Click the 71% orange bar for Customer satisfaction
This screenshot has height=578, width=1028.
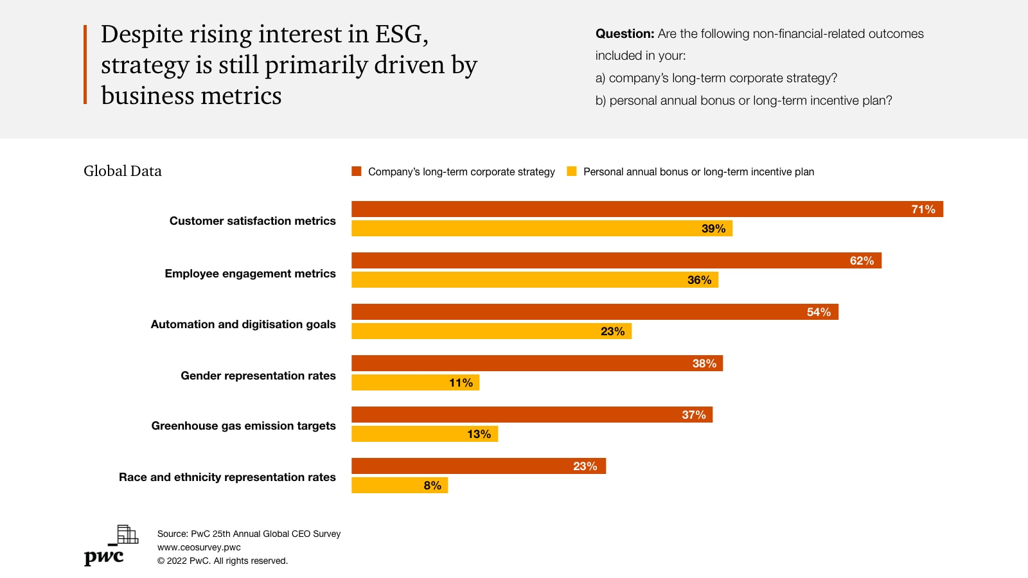647,209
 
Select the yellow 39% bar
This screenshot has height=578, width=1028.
542,229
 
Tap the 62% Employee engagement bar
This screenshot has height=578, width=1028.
616,261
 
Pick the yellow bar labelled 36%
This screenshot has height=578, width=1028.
535,280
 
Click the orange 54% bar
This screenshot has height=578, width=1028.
595,312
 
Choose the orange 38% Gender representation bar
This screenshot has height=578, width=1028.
537,363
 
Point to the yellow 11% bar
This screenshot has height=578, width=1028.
415,383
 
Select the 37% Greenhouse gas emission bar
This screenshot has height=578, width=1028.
532,415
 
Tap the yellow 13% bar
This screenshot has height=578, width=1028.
425,434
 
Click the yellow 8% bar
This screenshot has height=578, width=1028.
400,486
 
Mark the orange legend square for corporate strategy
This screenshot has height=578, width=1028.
357,171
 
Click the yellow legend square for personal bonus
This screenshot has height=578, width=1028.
572,171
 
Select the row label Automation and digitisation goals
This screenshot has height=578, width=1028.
243,324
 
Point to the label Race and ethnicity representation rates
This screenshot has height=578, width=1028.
227,477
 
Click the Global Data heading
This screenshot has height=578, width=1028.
123,171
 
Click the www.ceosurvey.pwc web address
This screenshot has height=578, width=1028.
199,547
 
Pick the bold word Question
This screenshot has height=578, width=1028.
625,34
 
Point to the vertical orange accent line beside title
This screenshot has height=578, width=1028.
85,64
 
